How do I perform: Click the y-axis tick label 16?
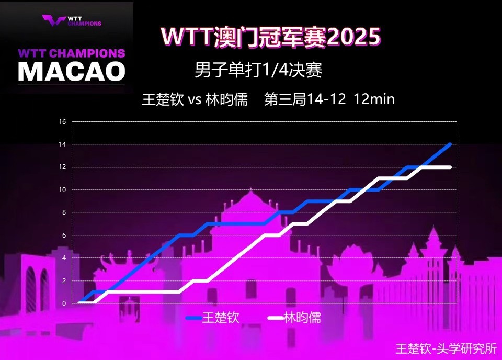[62, 122]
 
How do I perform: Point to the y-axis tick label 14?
[62, 144]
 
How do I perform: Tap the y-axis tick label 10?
[62, 189]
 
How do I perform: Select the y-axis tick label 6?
[64, 235]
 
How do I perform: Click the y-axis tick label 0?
[64, 303]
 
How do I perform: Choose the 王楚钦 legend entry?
[213, 318]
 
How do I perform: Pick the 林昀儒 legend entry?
[294, 318]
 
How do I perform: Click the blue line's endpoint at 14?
[450, 144]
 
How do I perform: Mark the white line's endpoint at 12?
[450, 167]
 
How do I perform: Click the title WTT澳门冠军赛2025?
[271, 37]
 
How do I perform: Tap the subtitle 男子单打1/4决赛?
[258, 70]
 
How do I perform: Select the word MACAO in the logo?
[72, 71]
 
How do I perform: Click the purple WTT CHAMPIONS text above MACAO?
[72, 53]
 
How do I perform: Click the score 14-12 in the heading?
[326, 99]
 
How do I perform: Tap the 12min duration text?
[374, 99]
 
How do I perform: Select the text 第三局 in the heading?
[285, 99]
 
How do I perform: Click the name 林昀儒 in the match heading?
[226, 99]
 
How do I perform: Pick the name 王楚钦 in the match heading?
[163, 99]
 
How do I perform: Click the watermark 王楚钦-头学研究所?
[446, 348]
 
